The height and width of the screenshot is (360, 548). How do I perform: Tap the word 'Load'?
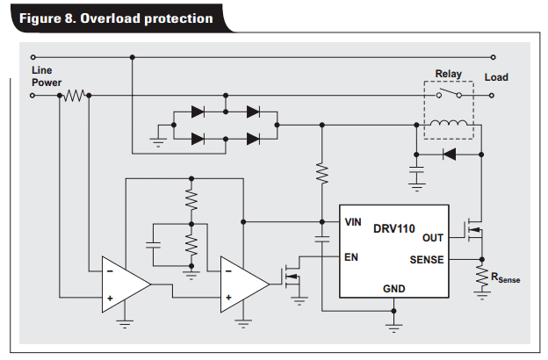tap(496, 77)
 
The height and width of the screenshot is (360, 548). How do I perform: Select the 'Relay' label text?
tap(449, 75)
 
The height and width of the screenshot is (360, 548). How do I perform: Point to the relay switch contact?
tap(449, 94)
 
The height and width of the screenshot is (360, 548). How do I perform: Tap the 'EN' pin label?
tap(351, 257)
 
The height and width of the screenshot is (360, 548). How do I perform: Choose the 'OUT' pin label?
tap(433, 237)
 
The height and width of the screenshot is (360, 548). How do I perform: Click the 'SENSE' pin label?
tap(427, 259)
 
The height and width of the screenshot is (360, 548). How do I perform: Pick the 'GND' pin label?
tap(393, 288)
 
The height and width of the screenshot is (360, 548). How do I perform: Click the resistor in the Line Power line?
tap(75, 94)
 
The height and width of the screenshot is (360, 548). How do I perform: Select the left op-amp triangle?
tap(124, 284)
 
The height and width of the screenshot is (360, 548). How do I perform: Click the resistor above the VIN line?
tap(322, 172)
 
